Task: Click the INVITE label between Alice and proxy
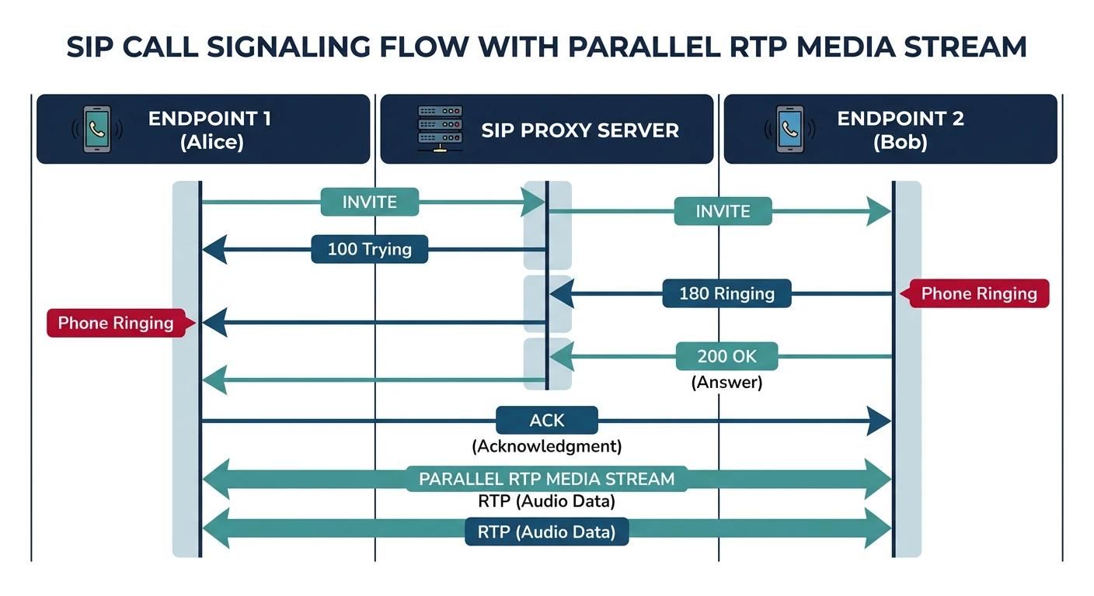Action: [370, 202]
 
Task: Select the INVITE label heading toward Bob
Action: [723, 211]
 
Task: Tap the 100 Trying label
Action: [369, 249]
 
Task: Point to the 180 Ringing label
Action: [726, 293]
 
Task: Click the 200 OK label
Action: [726, 356]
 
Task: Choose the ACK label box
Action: [547, 420]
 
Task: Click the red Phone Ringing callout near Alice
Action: [116, 323]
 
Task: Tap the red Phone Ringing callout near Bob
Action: [979, 293]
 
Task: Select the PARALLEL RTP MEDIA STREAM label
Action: [547, 478]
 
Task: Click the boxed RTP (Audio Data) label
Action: [547, 532]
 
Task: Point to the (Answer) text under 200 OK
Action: [726, 382]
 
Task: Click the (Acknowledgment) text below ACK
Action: [547, 446]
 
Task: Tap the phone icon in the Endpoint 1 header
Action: [97, 129]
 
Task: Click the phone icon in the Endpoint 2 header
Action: [790, 129]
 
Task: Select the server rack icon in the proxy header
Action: [440, 129]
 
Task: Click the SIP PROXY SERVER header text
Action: [580, 130]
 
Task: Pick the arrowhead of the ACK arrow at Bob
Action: [880, 421]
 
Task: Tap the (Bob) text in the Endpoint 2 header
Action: [900, 143]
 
